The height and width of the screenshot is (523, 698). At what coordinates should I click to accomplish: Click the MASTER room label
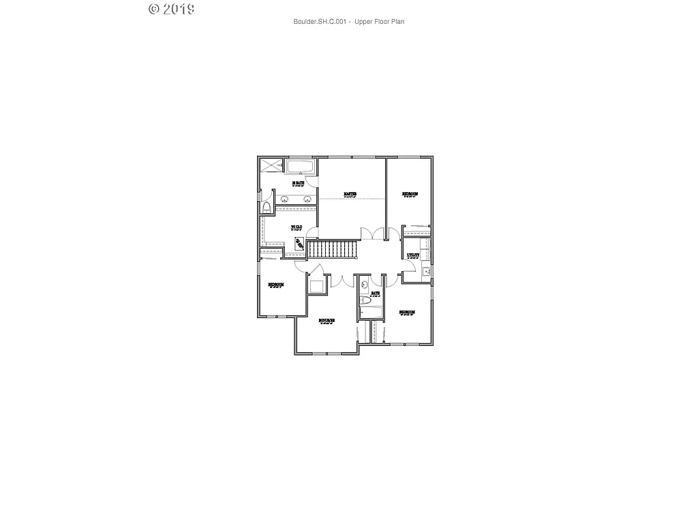(350, 194)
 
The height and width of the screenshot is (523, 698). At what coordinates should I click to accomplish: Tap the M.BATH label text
(297, 183)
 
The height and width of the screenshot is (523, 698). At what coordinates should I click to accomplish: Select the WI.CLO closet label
(296, 227)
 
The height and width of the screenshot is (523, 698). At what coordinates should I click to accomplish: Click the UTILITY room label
(413, 255)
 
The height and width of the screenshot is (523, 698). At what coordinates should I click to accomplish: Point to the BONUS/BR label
(327, 320)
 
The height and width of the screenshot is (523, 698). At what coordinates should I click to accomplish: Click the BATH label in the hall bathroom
(376, 294)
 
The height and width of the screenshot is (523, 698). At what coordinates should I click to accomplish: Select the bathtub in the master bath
(300, 167)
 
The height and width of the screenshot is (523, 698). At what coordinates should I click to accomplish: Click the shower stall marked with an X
(271, 165)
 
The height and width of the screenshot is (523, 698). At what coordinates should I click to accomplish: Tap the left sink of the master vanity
(283, 200)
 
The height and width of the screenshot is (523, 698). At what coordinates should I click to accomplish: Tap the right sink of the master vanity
(307, 200)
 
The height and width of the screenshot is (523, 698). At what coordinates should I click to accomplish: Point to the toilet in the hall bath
(365, 300)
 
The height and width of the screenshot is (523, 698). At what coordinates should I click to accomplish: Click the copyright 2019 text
(172, 9)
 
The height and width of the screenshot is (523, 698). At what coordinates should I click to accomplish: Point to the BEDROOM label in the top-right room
(410, 194)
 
